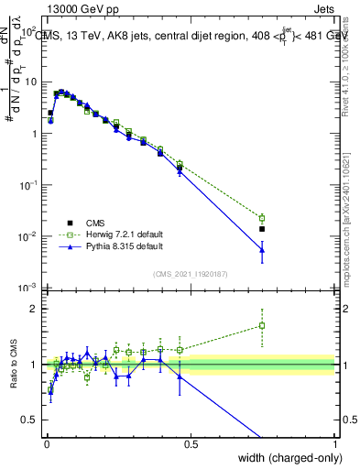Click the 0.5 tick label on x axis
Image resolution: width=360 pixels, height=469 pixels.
191,443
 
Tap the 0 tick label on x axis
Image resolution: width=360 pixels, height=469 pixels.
46,443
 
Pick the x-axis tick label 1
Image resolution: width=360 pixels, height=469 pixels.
335,443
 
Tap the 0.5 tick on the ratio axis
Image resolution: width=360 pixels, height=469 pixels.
32,420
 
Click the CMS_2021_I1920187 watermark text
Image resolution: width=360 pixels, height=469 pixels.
191,273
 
